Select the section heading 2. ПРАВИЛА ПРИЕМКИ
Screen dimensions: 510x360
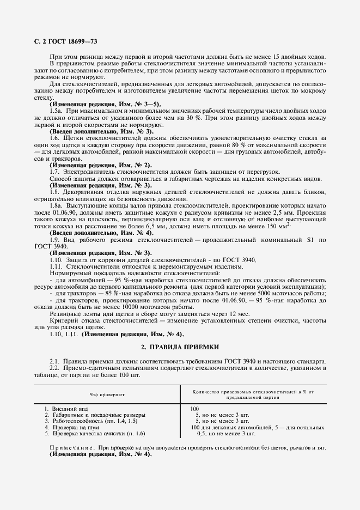click(180, 346)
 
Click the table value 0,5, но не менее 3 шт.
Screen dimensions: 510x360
click(225, 434)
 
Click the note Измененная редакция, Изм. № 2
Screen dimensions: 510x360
click(100, 165)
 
